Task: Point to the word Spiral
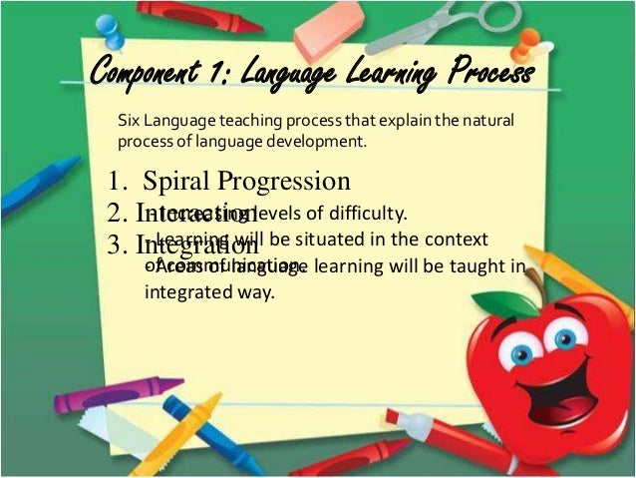pyautogui.click(x=178, y=181)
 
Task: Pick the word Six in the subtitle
pyautogui.click(x=129, y=121)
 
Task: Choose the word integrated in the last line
pyautogui.click(x=188, y=293)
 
